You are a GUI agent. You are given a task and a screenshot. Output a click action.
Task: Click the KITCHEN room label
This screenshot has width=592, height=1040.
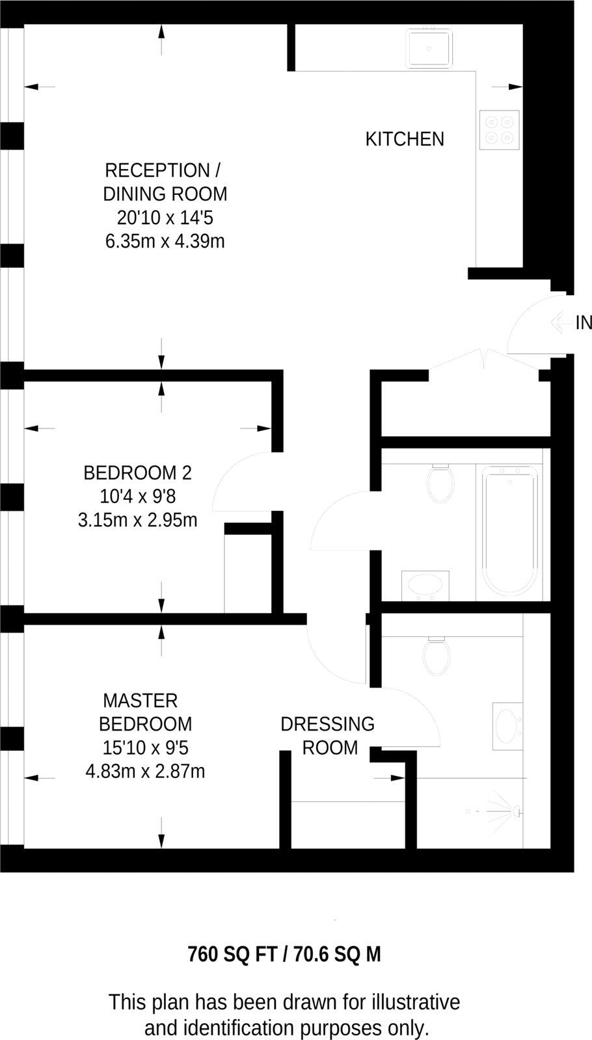405,139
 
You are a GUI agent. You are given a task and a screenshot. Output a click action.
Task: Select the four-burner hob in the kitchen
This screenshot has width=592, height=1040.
499,128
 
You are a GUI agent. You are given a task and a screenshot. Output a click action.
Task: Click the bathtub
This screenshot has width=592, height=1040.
510,530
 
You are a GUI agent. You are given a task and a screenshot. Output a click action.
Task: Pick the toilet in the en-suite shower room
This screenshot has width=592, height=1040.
436,655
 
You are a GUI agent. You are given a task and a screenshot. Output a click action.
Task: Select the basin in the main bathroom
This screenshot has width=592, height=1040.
425,584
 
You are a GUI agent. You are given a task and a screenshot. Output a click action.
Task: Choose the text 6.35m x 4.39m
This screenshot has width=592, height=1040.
165,242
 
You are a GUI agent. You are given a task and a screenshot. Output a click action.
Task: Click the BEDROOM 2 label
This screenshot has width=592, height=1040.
137,473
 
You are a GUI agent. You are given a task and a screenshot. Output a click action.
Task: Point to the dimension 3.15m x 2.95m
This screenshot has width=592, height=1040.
137,520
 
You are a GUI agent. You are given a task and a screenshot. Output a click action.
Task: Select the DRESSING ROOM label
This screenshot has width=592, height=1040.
328,736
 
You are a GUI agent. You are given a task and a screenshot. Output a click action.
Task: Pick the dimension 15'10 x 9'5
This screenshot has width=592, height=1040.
145,747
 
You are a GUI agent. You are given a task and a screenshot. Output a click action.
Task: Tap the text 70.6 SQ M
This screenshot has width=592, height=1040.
337,954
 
